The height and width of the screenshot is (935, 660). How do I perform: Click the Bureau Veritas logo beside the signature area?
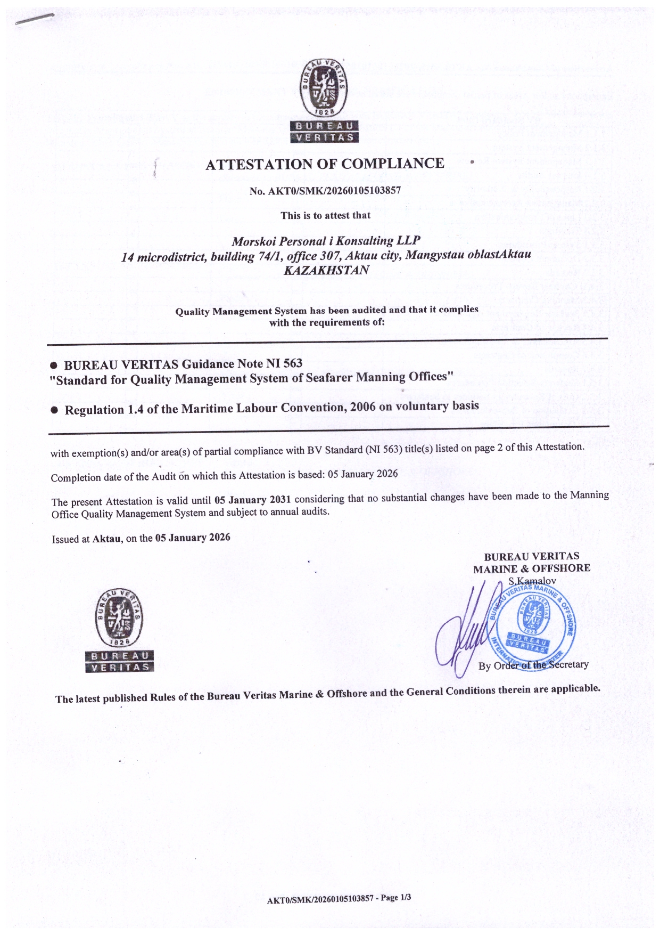point(119,630)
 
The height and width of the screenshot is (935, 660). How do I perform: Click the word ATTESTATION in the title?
point(260,164)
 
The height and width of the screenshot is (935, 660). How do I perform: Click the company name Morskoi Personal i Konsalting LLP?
point(326,241)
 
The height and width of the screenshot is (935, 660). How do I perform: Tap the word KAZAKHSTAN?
point(326,270)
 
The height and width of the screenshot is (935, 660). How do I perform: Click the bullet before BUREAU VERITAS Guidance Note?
point(54,366)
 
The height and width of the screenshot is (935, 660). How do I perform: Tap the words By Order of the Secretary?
point(533,665)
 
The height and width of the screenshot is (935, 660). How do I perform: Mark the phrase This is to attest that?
point(326,215)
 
